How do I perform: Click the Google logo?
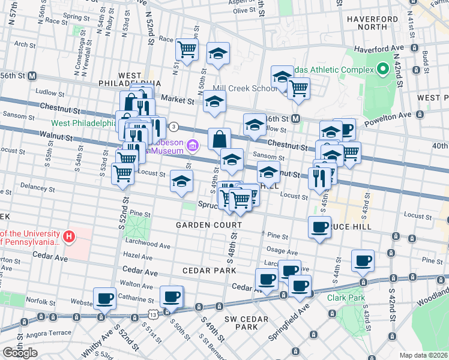(20, 353)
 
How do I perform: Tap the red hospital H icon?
(69, 237)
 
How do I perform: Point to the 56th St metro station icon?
(32, 76)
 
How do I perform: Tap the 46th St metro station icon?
(296, 119)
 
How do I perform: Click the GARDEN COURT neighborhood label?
(208, 225)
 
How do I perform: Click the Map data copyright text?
(423, 355)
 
